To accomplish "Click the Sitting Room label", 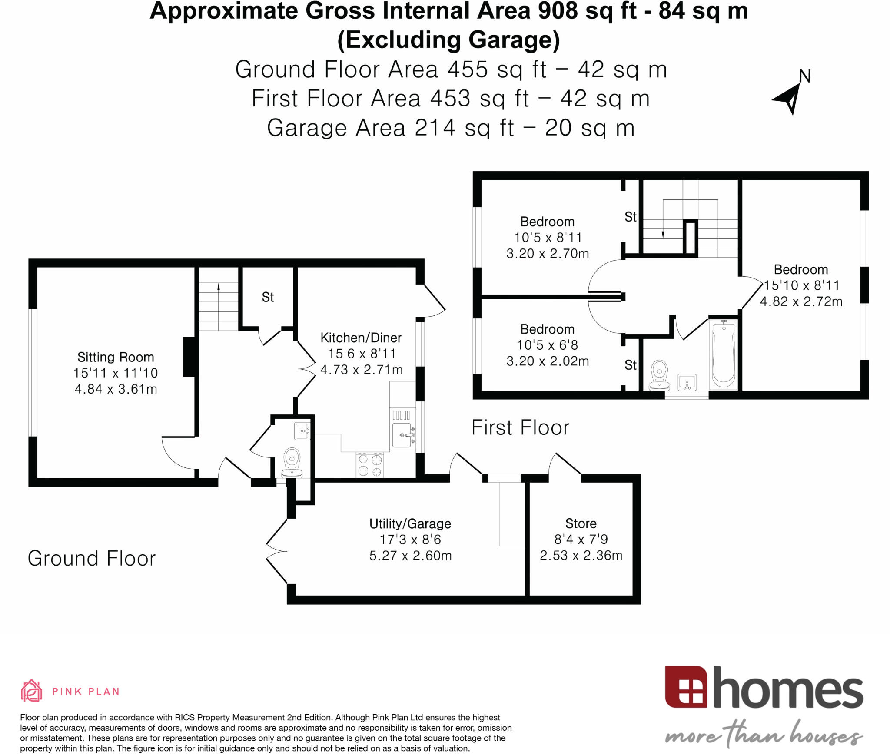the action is (x=116, y=357).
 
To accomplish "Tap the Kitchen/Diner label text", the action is (x=361, y=338).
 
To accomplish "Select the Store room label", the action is (x=581, y=523).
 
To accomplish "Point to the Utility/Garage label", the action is (x=410, y=524).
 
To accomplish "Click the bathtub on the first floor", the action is (x=724, y=354).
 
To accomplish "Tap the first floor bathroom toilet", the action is (x=660, y=374).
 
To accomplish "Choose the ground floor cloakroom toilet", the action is (x=292, y=463).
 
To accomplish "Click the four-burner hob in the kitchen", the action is (x=370, y=465).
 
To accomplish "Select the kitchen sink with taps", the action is (x=403, y=435).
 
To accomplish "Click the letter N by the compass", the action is (x=805, y=76).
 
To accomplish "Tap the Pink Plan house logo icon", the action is (x=31, y=691).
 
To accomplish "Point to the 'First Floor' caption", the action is (x=520, y=427).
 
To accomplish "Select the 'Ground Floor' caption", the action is (x=91, y=558).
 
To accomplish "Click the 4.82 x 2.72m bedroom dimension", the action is (x=801, y=301).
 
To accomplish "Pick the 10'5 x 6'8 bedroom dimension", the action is (x=547, y=345).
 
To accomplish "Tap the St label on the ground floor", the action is (x=268, y=297).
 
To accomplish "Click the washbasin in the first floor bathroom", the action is (x=687, y=382).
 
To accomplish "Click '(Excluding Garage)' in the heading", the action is (x=448, y=40).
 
